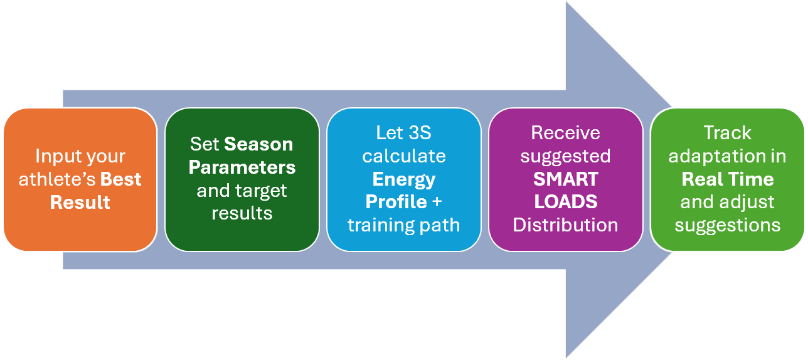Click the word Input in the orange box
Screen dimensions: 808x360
56,157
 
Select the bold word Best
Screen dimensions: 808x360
121,179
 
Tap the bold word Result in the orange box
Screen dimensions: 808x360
80,203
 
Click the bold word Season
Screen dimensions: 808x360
258,145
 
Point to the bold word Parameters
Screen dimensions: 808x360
242,167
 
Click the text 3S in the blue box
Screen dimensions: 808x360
420,133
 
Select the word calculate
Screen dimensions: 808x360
404,156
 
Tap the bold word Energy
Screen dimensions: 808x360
404,180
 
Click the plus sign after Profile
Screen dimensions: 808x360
437,202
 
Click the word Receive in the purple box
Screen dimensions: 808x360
566,133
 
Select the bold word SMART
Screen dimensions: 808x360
566,179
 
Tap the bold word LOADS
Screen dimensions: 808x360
566,202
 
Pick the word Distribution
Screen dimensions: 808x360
566,225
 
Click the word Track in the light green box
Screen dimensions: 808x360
728,133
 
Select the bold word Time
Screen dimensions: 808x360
752,179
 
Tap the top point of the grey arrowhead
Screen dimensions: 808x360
566,2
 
